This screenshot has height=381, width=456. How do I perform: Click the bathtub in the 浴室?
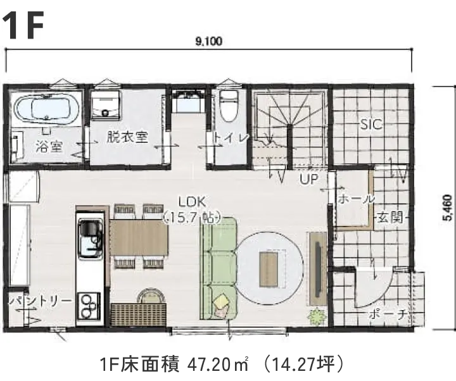tap(46, 109)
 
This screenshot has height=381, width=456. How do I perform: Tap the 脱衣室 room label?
tap(127, 137)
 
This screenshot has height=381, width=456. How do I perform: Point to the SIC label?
tap(371, 125)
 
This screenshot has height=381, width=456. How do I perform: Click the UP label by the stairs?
tap(308, 179)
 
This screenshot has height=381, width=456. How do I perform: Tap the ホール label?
tap(356, 199)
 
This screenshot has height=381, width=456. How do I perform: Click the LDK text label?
tap(191, 203)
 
